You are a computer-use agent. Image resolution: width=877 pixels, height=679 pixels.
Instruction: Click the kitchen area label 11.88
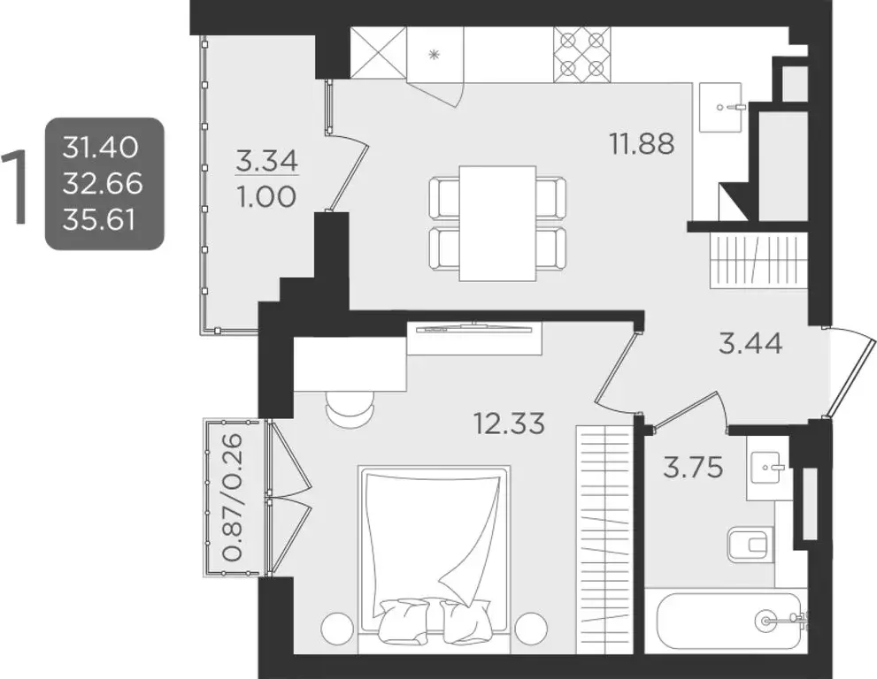pos(642,142)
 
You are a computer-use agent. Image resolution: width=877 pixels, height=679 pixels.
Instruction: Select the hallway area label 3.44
pos(750,343)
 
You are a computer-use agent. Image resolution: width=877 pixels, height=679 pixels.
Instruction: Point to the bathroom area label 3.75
pos(693,467)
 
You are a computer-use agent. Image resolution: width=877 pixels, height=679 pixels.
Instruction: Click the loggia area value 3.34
pos(267,162)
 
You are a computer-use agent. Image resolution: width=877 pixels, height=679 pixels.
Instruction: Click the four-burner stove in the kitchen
pos(581,53)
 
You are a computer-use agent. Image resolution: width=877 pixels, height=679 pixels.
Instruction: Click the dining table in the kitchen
pos(497,223)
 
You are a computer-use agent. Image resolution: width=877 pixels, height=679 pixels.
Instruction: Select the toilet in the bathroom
pos(749,545)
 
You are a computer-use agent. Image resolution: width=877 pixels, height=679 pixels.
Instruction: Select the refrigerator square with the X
pos(378,53)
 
